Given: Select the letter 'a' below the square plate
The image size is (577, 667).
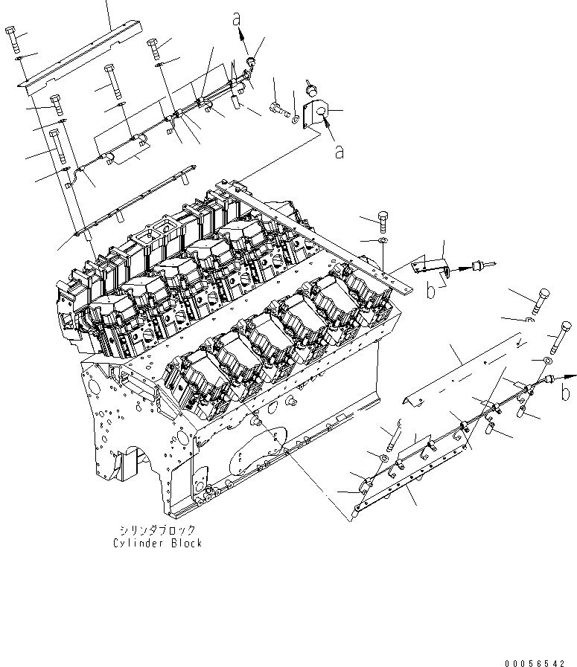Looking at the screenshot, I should [x=339, y=152].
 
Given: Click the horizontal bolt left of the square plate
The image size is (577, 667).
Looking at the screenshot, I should [x=280, y=108].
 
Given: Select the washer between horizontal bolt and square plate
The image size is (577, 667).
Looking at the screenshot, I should [x=297, y=117].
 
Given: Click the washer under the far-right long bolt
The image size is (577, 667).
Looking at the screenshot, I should [x=547, y=361].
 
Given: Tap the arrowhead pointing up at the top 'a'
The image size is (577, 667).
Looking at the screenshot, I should [x=240, y=32].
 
